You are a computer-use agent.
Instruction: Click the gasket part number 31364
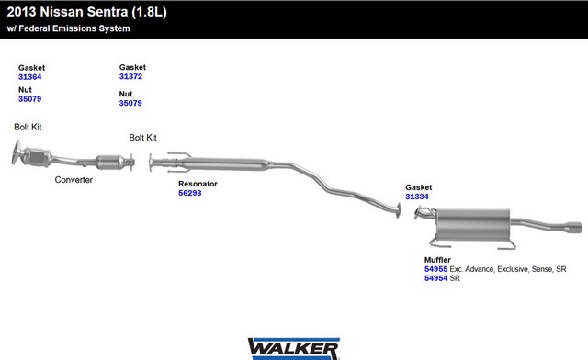point(30,77)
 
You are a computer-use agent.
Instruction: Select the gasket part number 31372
point(130,76)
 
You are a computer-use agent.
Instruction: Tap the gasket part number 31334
point(417,197)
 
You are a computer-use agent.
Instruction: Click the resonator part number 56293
point(190,193)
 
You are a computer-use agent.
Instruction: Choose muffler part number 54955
point(436,269)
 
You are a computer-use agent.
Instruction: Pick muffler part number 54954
point(436,278)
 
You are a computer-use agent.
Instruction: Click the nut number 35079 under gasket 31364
point(30,99)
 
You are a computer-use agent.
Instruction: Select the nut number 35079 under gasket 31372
point(130,103)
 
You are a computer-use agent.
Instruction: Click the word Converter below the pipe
point(73,180)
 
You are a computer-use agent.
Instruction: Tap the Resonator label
point(198,184)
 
